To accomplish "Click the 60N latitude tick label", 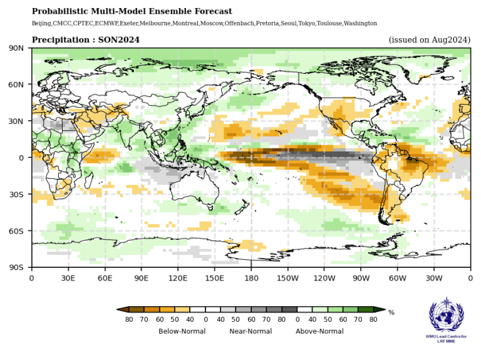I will click(x=16, y=85).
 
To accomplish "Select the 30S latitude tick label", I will click(x=16, y=195).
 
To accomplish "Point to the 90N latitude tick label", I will click(x=16, y=48).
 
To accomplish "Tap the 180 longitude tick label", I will click(x=251, y=278).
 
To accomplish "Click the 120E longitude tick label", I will click(x=178, y=278).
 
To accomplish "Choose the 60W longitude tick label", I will click(x=397, y=278).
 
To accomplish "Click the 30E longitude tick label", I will click(x=68, y=278).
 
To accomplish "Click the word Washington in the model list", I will click(x=358, y=23).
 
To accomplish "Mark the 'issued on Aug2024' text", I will click(x=429, y=40).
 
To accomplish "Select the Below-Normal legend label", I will click(x=182, y=331).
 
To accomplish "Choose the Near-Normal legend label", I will click(x=251, y=331).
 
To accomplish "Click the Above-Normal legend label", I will click(x=319, y=331).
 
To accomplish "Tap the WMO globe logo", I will click(x=447, y=318).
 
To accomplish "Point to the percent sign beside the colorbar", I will click(x=391, y=312).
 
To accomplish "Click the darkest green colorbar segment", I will click(x=366, y=309).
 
